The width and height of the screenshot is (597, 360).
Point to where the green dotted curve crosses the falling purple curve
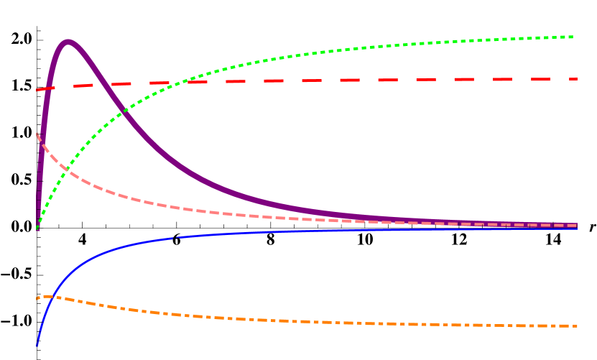124,111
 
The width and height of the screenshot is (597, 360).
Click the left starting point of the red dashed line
37,90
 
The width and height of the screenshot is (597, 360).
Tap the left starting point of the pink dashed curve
37,134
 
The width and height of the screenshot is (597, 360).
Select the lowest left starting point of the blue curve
37,346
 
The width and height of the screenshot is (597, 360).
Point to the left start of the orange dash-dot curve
37,298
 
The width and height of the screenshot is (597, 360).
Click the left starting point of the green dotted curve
37,229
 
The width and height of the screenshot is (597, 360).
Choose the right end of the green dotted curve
573,37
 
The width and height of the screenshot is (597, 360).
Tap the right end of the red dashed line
577,79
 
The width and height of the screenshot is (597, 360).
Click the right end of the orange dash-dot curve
577,326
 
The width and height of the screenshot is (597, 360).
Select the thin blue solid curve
216,234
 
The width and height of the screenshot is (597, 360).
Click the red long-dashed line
359,80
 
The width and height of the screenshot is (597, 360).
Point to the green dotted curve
323,52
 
